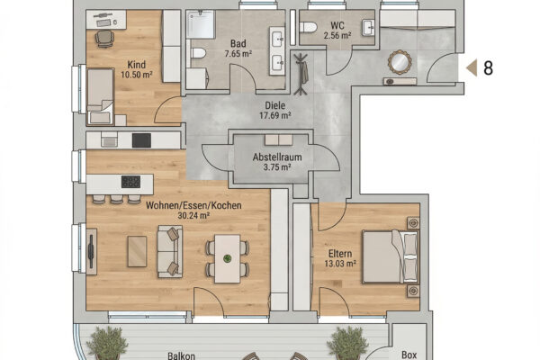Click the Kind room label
[x=137, y=65]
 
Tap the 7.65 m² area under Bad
[x=238, y=54]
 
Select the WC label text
[x=337, y=26]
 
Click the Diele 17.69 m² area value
[x=274, y=115]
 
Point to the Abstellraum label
[x=277, y=157]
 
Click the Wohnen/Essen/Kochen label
[x=193, y=205]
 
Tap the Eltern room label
[x=340, y=254]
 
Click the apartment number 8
[x=489, y=68]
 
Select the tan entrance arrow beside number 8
[x=472, y=67]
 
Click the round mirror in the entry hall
[x=400, y=62]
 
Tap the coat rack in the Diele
[x=301, y=74]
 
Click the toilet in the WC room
[x=308, y=27]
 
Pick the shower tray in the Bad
[x=201, y=24]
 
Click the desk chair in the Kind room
[x=104, y=39]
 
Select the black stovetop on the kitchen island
[x=130, y=182]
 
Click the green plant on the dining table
[x=227, y=258]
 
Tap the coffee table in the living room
[x=137, y=251]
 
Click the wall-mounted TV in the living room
[x=91, y=251]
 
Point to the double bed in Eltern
[x=391, y=257]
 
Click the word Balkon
[x=181, y=355]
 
